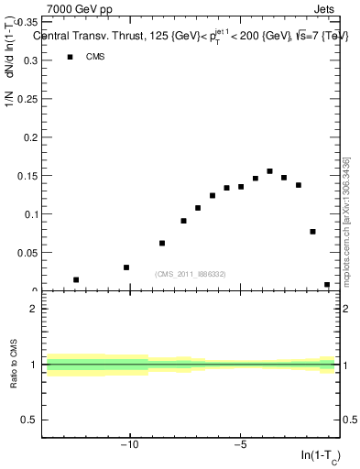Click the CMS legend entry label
coord(95,57)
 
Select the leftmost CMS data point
coord(76,279)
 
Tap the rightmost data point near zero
coord(327,285)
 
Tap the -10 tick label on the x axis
coord(129,447)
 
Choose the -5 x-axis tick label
coord(240,447)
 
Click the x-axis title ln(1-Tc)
coord(321,456)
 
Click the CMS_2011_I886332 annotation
coord(190,274)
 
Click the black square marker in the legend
coord(69,57)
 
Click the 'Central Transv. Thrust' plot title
coord(92,37)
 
